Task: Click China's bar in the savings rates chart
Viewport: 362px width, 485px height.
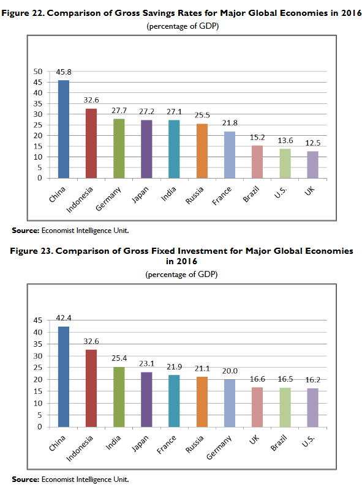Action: pos(64,129)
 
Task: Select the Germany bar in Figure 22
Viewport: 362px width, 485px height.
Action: pos(119,149)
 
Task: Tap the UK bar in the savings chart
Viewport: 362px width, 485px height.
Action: pos(312,165)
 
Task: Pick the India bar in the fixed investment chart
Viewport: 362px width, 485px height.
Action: pos(119,397)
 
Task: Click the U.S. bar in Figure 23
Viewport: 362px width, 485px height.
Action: pos(312,408)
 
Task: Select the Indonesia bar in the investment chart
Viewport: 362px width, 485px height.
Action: pos(91,388)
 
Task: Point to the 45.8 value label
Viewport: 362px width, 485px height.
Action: pos(64,72)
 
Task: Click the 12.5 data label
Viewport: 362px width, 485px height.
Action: pos(313,143)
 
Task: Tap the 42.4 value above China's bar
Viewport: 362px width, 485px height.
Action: pos(64,318)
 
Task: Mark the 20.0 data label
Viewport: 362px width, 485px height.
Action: pos(230,371)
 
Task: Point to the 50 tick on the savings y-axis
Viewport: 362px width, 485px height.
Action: pos(38,72)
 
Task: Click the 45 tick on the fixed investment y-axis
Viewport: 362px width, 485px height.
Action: pos(38,320)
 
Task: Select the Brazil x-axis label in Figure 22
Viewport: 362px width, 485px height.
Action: pos(251,194)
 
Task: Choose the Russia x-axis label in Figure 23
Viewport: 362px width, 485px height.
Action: pos(195,444)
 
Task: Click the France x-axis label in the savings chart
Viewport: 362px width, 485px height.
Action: pos(222,196)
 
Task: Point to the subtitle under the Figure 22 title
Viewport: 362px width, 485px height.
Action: pos(183,26)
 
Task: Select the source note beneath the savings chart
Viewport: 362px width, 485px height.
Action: pos(70,231)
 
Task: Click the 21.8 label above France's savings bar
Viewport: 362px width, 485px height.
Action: pos(230,123)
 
